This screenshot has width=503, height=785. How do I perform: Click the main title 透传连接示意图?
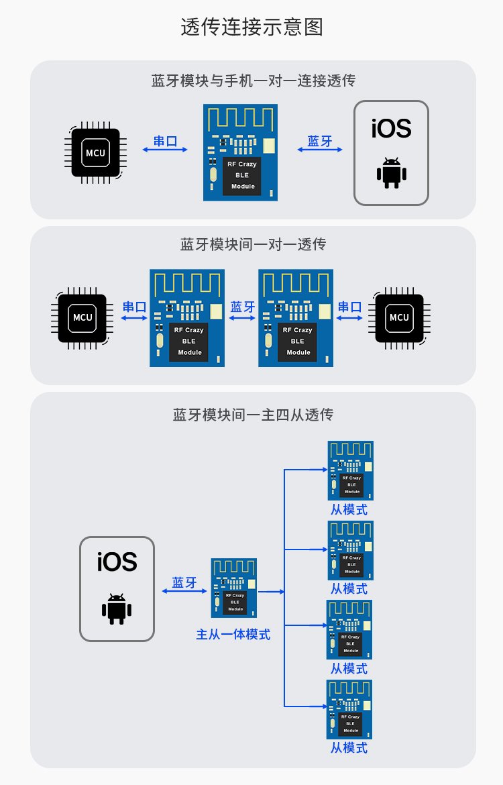pos(251,28)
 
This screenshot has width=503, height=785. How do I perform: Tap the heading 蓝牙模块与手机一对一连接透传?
pos(253,81)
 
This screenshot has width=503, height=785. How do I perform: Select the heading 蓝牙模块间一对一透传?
pos(253,244)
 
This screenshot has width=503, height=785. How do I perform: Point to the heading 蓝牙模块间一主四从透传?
pos(253,415)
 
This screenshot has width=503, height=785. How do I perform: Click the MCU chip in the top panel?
pos(96,153)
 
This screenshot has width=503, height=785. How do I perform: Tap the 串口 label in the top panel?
pos(166,141)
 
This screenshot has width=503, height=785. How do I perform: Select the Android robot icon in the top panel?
pos(391,173)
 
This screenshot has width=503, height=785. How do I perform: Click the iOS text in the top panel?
pos(391,128)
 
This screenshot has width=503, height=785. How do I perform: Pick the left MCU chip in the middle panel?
pos(82,317)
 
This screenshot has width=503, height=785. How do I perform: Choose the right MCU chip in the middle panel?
pos(399,317)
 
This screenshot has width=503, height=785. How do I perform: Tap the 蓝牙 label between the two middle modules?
pos(242,307)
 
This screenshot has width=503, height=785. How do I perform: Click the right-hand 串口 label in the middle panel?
pos(349,307)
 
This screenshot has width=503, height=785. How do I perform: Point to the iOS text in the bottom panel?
pos(117,562)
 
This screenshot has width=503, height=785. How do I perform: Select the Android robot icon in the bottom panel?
pos(117,609)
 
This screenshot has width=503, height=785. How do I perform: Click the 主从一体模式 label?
pos(233,634)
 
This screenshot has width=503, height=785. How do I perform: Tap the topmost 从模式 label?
pos(349,509)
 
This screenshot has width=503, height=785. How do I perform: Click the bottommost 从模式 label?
pos(349,747)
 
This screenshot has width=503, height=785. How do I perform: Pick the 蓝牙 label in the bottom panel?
pos(184,582)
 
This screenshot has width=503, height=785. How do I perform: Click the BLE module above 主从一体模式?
pos(234,588)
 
